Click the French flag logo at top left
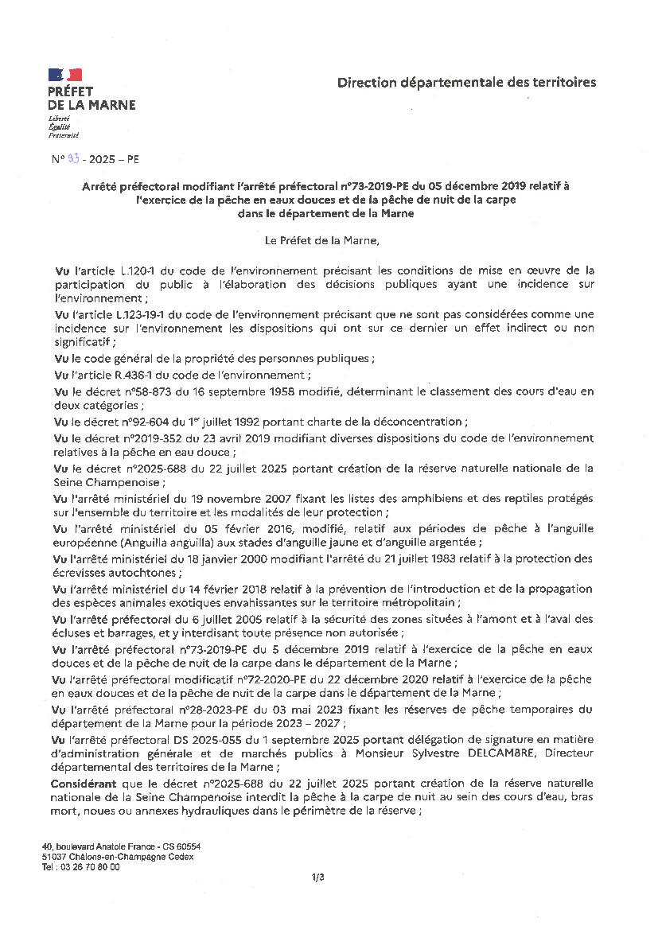pyautogui.click(x=65, y=75)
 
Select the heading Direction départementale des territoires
pyautogui.click(x=466, y=82)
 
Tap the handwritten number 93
pyautogui.click(x=73, y=159)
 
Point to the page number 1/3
pyautogui.click(x=318, y=877)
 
